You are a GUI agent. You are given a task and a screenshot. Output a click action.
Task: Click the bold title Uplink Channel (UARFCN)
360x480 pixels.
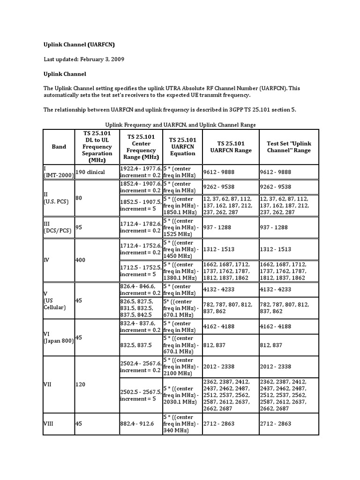(x=79, y=45)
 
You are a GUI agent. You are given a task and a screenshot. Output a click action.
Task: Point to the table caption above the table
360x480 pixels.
(x=180, y=124)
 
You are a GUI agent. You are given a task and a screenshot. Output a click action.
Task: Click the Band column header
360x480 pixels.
(x=59, y=147)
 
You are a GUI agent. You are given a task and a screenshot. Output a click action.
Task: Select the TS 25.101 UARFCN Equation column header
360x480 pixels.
(x=182, y=147)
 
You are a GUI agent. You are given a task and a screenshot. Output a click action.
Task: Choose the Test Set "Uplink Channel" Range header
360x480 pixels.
(x=289, y=147)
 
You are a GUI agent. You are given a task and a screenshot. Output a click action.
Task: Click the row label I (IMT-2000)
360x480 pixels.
(x=58, y=172)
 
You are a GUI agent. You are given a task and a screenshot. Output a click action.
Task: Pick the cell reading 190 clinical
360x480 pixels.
(x=90, y=172)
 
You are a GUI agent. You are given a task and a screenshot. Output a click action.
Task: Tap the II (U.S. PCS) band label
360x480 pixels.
(x=56, y=198)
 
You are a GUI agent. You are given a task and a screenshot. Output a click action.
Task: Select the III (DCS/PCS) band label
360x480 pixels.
(x=56, y=227)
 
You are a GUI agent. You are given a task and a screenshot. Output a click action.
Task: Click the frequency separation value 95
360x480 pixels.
(x=79, y=227)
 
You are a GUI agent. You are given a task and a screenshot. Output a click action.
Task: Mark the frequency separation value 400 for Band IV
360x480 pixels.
(x=81, y=260)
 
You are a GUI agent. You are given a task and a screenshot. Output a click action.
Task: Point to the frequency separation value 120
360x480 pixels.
(x=81, y=384)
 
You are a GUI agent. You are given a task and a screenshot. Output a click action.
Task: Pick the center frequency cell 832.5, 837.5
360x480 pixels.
(x=136, y=345)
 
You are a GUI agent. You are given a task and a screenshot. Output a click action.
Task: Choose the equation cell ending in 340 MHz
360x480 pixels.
(x=182, y=424)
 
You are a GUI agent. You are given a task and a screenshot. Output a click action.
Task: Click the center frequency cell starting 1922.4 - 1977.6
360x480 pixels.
(x=141, y=172)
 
